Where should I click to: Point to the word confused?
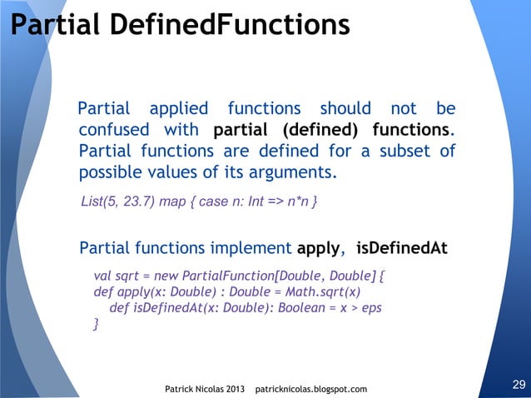pyautogui.click(x=114, y=130)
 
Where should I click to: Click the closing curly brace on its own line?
pyautogui.click(x=96, y=325)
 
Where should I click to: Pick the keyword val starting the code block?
pyautogui.click(x=102, y=274)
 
